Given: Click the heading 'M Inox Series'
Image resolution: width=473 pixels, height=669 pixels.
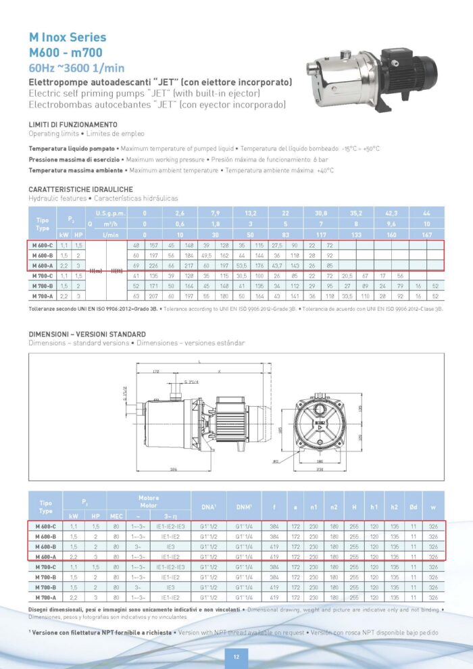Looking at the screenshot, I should pos(68,37).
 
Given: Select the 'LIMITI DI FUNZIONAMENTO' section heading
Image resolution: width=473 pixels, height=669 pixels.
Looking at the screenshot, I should pos(73,125).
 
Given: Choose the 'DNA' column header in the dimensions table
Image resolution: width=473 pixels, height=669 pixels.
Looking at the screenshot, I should pos(207,505).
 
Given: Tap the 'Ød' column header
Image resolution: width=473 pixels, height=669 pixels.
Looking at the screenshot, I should pos(414,505).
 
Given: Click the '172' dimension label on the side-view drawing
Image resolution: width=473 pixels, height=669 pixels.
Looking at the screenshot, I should pos(155,372).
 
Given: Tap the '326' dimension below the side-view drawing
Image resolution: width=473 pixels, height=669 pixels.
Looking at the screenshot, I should pos(174,468).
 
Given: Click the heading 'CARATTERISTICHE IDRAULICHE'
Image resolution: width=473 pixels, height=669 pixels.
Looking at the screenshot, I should pos(80,189).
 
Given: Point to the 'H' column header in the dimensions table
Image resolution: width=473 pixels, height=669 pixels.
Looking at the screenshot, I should pos(355,505).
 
